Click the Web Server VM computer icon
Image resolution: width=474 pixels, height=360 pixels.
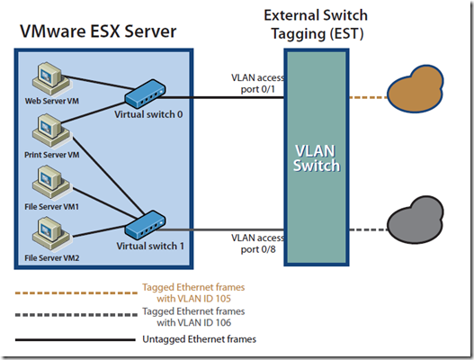click(x=45, y=77)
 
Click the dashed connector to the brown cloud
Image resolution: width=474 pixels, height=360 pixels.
click(x=366, y=96)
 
